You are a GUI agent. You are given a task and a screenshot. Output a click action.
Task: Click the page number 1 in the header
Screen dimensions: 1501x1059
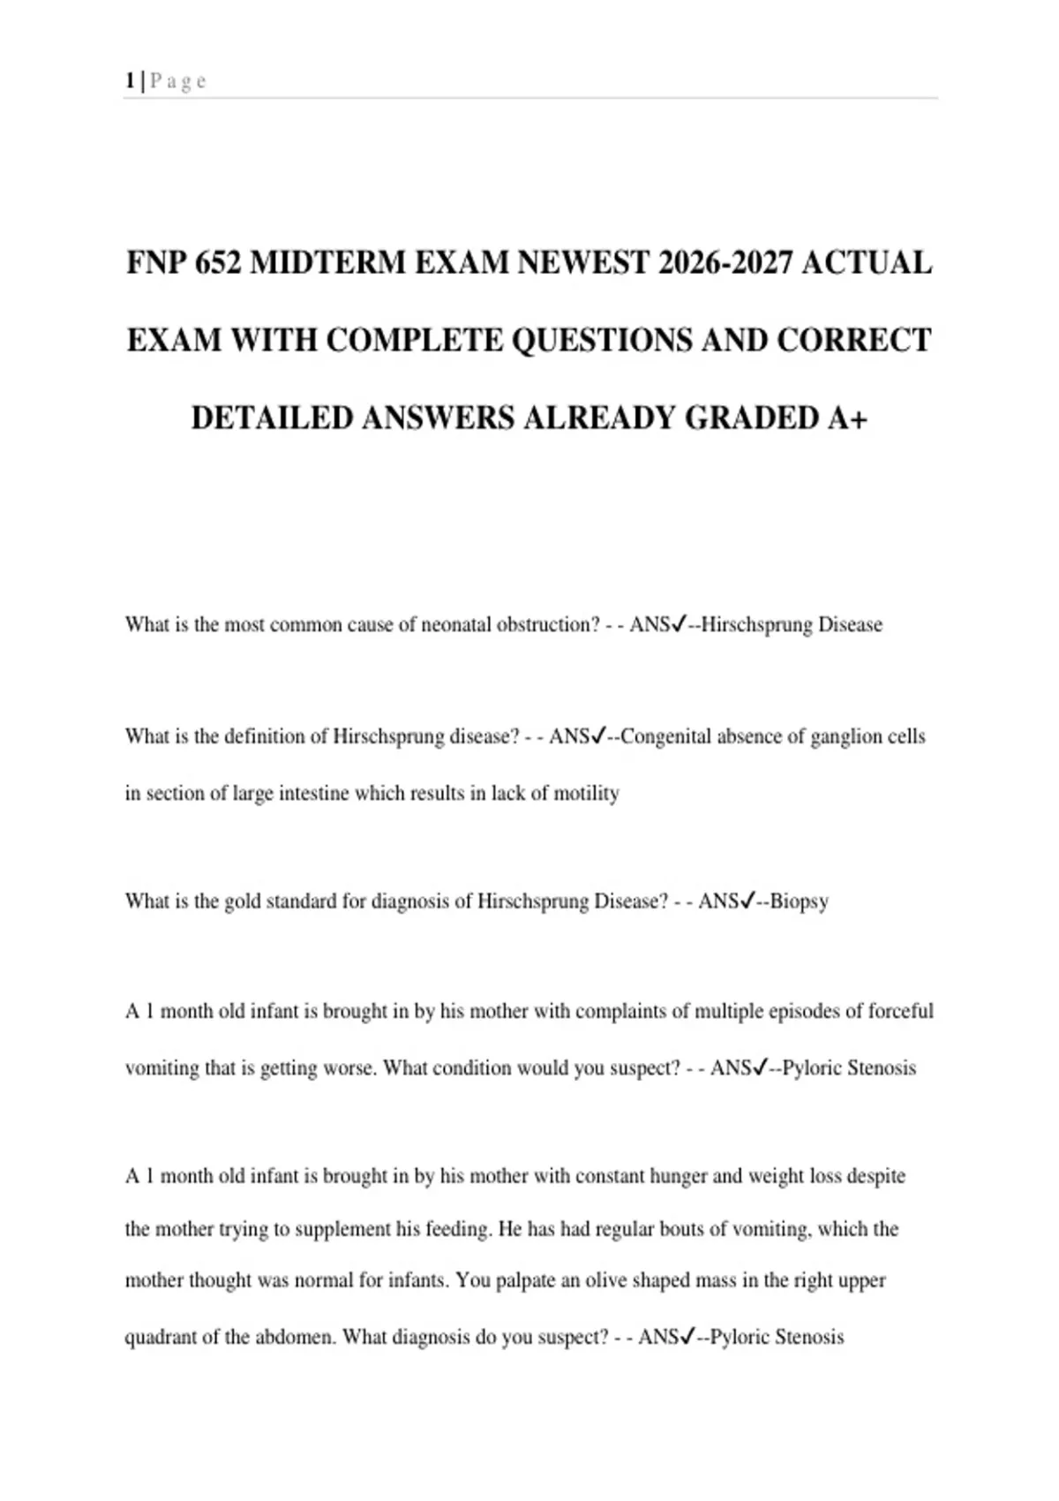point(131,81)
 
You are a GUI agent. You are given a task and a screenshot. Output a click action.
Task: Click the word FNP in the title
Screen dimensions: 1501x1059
point(154,263)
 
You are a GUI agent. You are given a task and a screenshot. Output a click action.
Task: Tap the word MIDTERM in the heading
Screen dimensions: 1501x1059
point(327,263)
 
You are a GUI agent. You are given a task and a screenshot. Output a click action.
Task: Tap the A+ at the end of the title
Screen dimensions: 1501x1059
point(847,418)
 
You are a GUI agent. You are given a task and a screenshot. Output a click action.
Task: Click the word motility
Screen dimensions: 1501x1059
point(586,794)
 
